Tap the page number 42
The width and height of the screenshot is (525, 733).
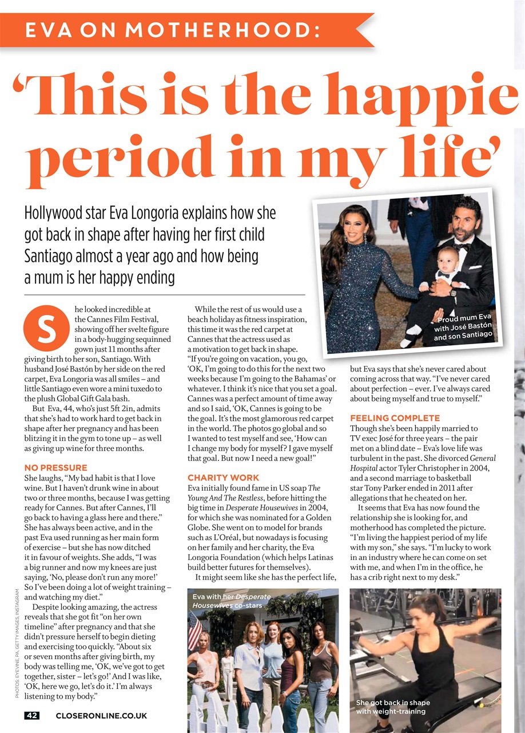click(32, 715)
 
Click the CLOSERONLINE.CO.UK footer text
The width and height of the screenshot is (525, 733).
click(101, 715)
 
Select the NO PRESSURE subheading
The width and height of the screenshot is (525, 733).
click(56, 468)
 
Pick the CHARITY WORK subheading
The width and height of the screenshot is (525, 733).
click(223, 477)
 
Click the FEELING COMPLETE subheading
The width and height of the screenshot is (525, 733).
click(395, 418)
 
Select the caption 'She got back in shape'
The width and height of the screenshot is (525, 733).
click(393, 703)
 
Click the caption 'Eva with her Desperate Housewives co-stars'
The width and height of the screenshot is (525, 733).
click(232, 601)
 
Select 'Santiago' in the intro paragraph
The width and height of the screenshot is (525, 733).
click(55, 255)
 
